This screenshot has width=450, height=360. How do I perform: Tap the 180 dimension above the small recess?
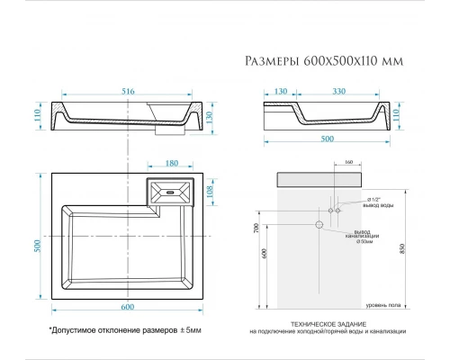[x=172, y=164]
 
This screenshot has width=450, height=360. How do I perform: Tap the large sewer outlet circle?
[x=318, y=223]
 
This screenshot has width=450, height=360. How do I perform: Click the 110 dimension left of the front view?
[x=37, y=114]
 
